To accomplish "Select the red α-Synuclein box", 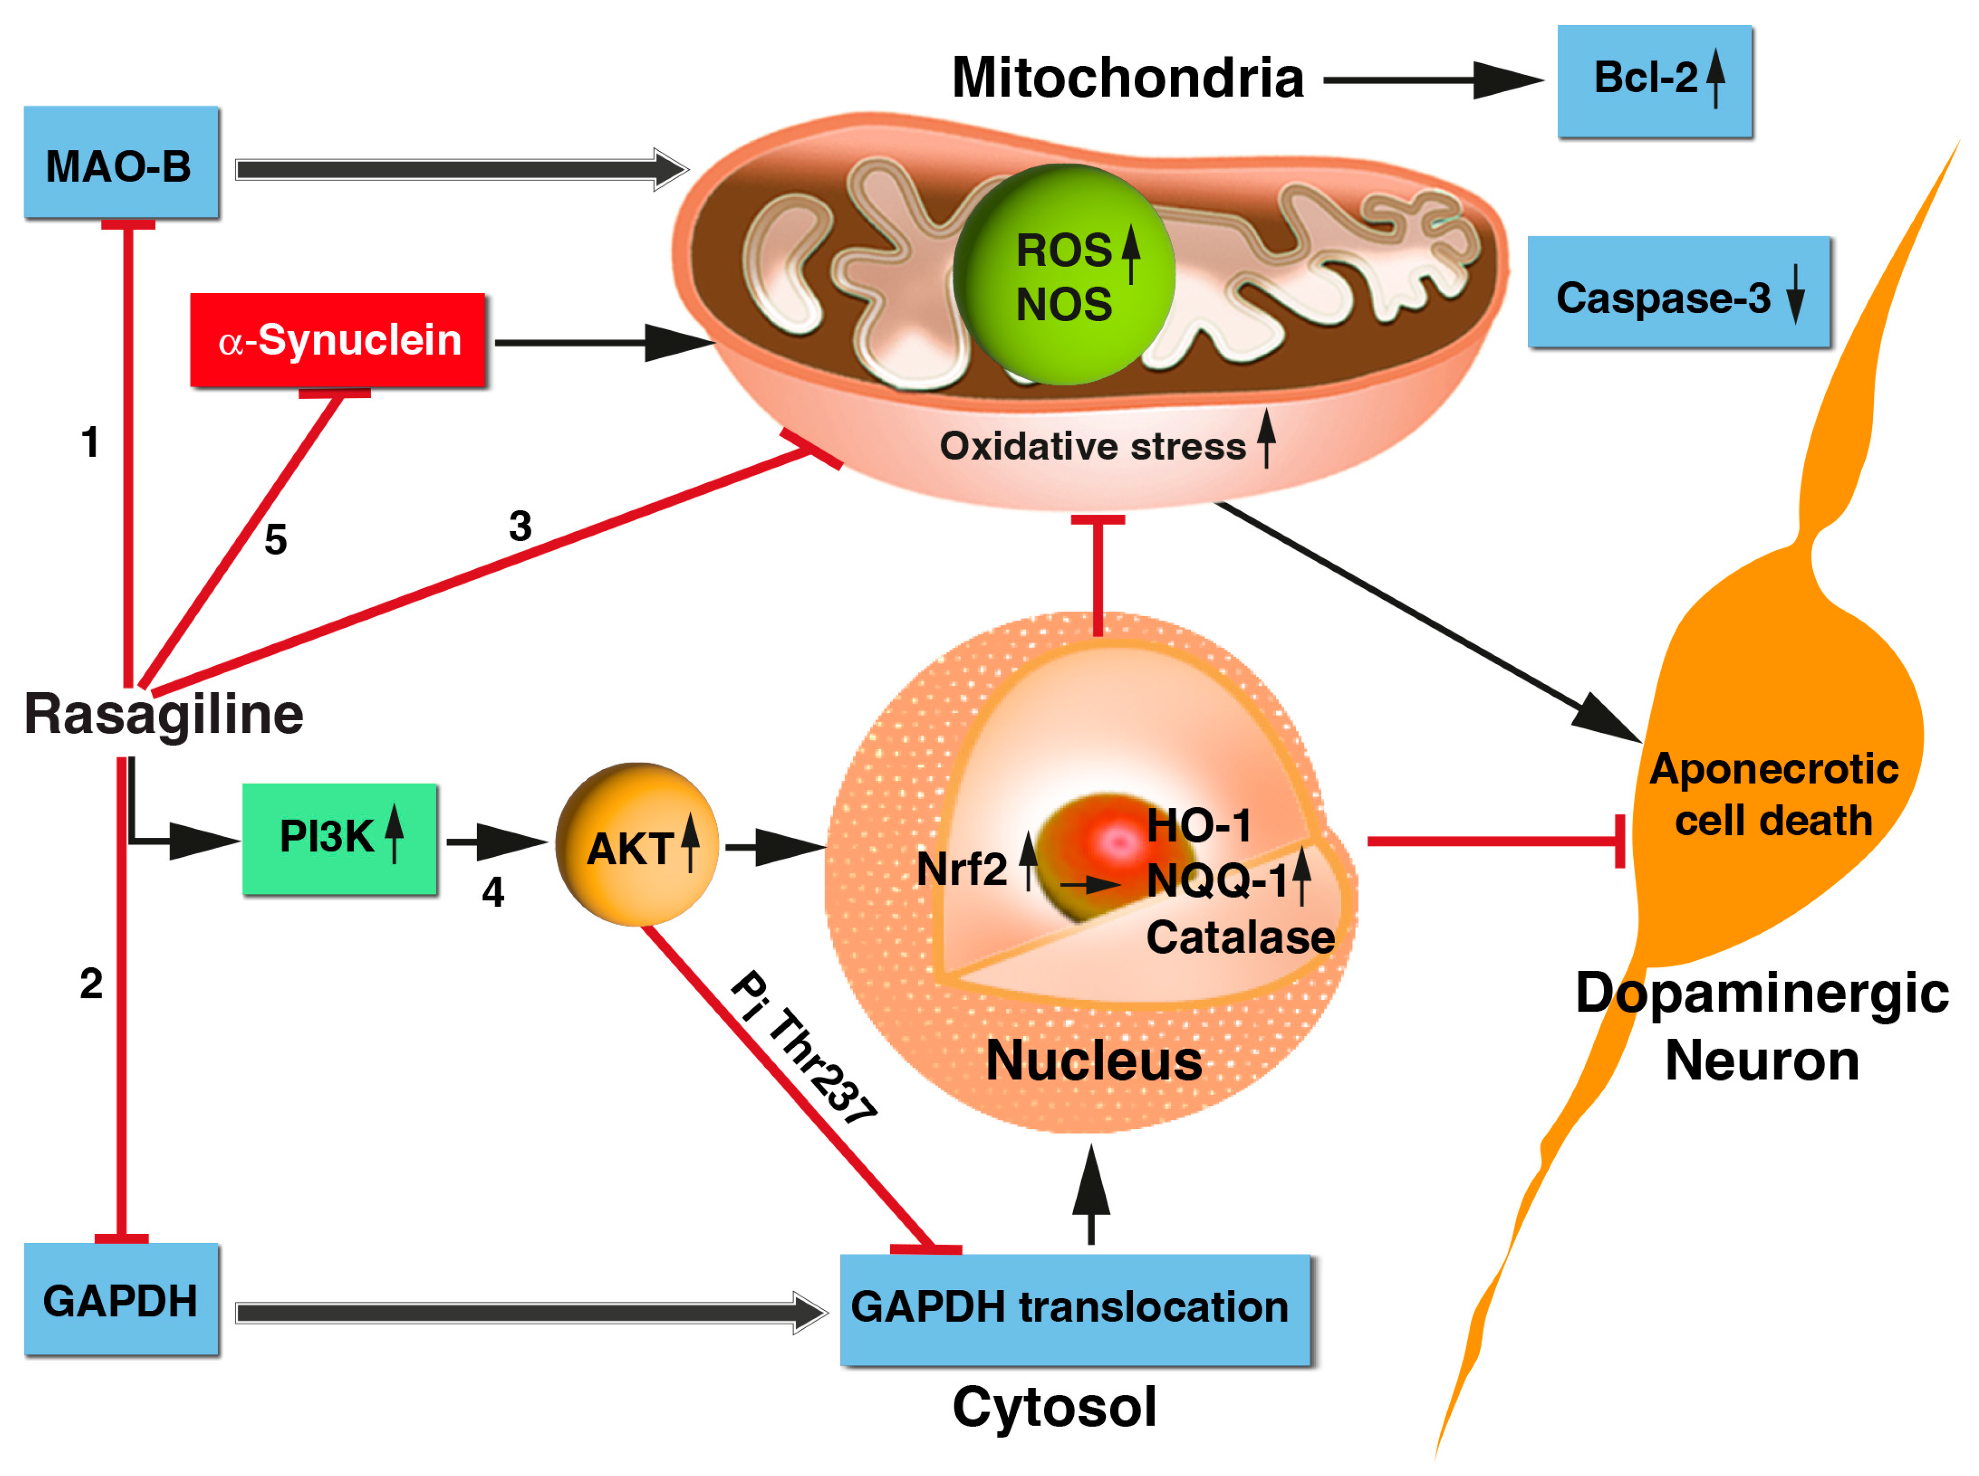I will coord(337,339).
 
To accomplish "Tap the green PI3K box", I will coord(340,838).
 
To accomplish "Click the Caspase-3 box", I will coord(1677,292).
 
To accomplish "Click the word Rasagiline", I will coord(164,715).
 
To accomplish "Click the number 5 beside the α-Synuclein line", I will coord(275,540).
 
